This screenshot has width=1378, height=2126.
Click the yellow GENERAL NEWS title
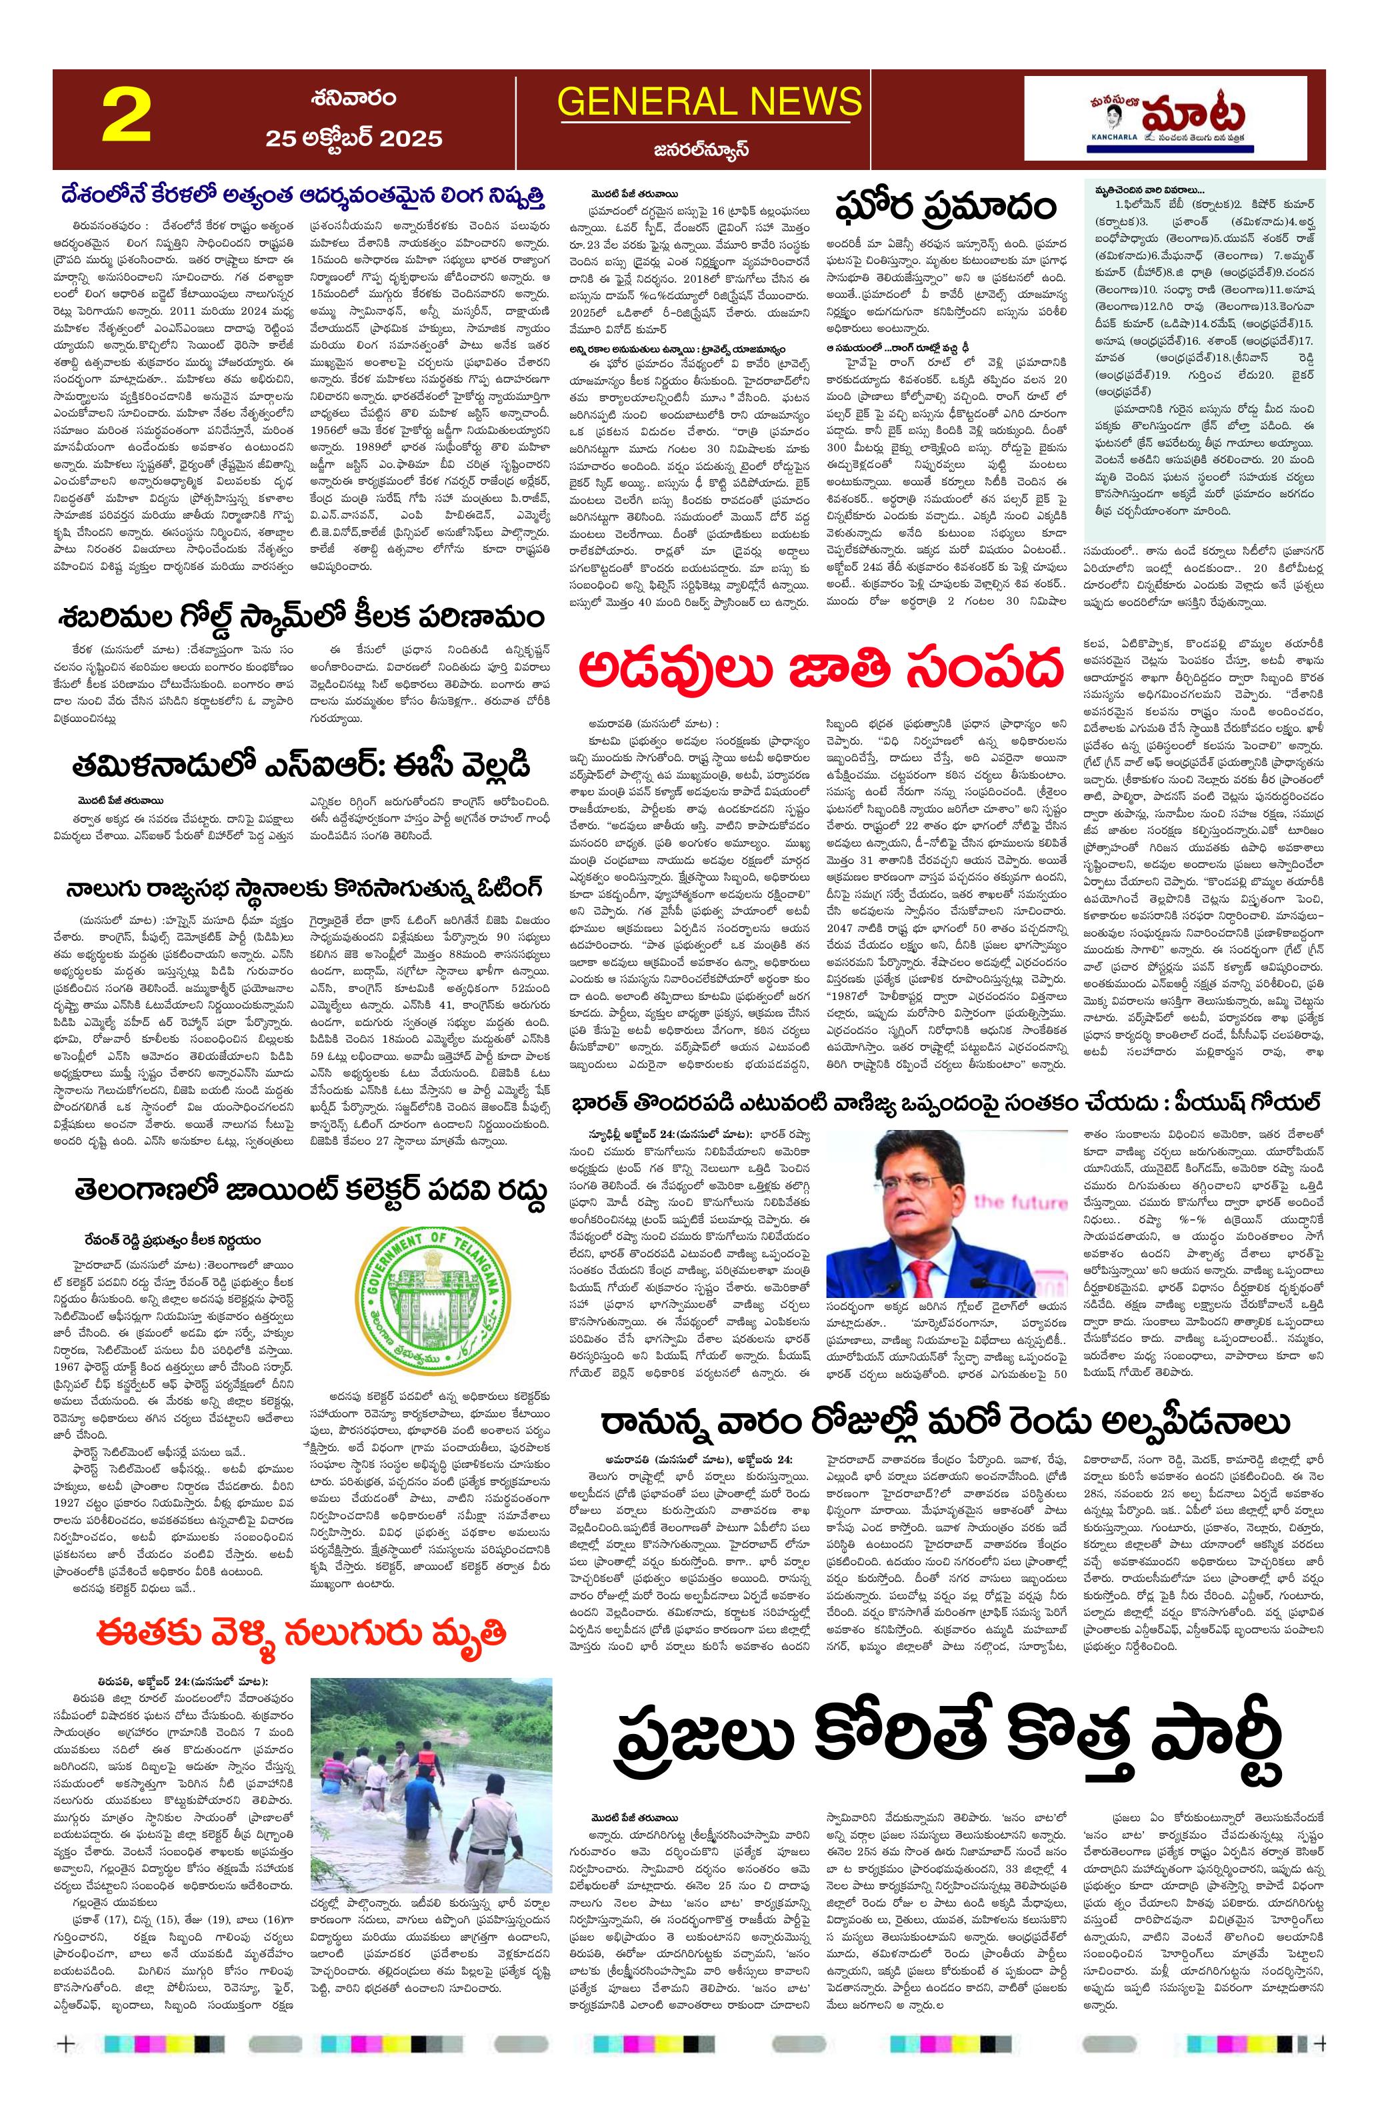click(x=709, y=102)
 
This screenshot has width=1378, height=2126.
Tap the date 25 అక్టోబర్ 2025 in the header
click(x=353, y=137)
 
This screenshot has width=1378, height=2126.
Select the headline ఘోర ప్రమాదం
click(x=945, y=207)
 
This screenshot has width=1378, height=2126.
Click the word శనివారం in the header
click(x=355, y=97)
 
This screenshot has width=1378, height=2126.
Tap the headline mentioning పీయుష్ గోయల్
click(x=947, y=1101)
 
